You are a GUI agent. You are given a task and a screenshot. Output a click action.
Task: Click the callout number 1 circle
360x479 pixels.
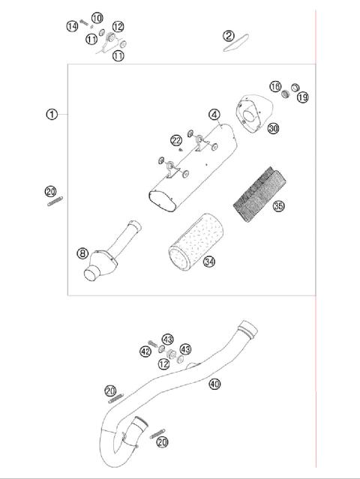point(51,115)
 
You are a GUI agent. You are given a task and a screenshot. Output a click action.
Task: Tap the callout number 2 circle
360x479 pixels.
point(229,35)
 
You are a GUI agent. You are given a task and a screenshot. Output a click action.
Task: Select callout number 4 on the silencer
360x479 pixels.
point(214,115)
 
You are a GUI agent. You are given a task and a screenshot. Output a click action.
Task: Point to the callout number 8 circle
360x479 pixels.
point(82,253)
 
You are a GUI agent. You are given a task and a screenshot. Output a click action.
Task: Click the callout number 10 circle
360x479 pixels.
point(97,17)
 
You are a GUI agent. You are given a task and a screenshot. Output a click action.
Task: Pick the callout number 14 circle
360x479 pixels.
point(72,25)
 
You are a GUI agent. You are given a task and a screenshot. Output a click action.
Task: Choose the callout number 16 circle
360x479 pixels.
point(276,87)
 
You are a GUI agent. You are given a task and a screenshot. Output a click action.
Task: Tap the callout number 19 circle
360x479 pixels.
point(302,97)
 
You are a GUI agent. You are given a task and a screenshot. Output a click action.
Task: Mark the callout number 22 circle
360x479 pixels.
point(175,140)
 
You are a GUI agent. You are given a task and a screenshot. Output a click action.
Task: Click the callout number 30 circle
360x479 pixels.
point(273,128)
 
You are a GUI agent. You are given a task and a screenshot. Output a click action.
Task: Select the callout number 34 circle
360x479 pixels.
point(209,262)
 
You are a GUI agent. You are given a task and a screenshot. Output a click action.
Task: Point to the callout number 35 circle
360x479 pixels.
point(279,205)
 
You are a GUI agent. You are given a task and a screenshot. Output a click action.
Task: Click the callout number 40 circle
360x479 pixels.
point(215,384)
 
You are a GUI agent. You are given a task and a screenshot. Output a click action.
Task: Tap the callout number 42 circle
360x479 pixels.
point(145,351)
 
